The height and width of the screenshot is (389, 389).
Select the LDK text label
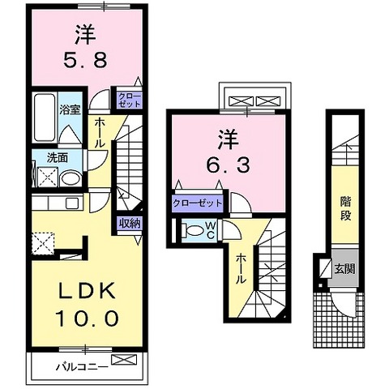coord(86,291)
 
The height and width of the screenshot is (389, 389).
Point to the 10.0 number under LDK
coord(87,318)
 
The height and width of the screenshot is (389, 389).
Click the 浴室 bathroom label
coord(70,110)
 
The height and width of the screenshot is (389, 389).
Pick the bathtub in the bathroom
coord(45,117)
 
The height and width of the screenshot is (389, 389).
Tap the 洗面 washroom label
coord(58,158)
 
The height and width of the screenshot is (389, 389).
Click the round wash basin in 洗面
coord(71,178)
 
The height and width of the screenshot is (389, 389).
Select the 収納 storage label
coord(130,223)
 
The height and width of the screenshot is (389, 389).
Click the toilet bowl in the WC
coord(195,231)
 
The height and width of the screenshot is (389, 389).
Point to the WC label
coord(212,230)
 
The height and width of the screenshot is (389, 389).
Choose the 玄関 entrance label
coord(344,269)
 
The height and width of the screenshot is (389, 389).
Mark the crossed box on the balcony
coord(124,359)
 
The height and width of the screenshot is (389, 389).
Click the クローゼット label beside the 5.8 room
coord(130,100)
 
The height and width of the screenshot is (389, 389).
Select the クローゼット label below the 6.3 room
coord(197,203)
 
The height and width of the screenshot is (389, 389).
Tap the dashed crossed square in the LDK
coord(43,243)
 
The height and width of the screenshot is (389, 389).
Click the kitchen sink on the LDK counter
coord(72,203)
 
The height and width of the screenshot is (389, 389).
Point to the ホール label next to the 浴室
coord(100,133)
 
